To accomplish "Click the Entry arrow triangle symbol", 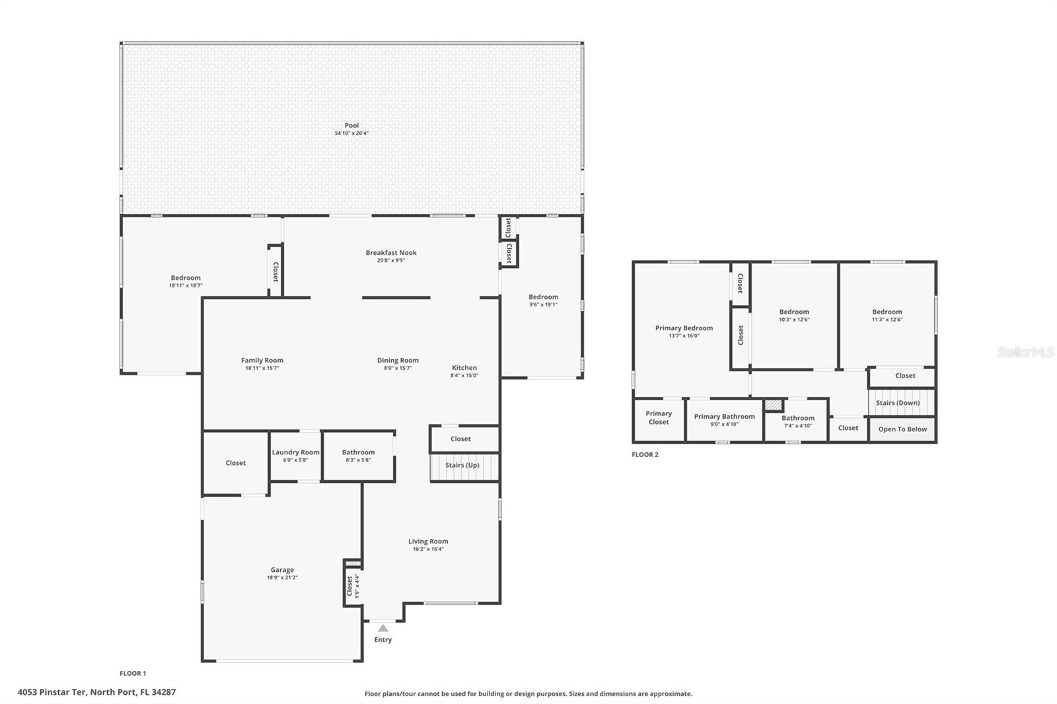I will pyautogui.click(x=383, y=628).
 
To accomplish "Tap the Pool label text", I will pyautogui.click(x=351, y=125).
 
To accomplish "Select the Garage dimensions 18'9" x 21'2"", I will pyautogui.click(x=282, y=578).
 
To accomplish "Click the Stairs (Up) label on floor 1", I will pyautogui.click(x=462, y=466).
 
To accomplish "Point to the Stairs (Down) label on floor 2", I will pyautogui.click(x=898, y=403).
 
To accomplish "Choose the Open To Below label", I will pyautogui.click(x=902, y=429).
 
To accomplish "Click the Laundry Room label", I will pyautogui.click(x=295, y=452).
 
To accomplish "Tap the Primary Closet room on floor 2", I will pyautogui.click(x=659, y=418).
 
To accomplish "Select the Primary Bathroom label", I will pyautogui.click(x=724, y=417).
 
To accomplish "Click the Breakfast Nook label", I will pyautogui.click(x=391, y=252).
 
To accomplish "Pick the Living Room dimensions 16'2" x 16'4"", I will pyautogui.click(x=428, y=549).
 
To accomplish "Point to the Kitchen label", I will pyautogui.click(x=464, y=368).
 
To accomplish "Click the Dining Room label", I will pyautogui.click(x=398, y=361).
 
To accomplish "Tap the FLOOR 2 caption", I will pyautogui.click(x=645, y=454).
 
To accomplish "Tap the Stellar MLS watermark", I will pyautogui.click(x=1025, y=353).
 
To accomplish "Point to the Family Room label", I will pyautogui.click(x=262, y=361).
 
